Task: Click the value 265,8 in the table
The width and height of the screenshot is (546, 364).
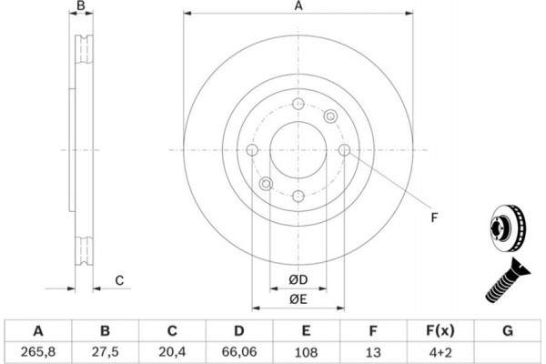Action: (38, 352)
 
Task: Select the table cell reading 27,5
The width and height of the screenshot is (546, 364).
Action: (106, 352)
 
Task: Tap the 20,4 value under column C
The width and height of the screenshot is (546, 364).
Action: (172, 352)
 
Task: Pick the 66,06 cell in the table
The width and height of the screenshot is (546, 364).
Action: (239, 352)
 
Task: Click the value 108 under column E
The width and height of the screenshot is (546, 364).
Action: (306, 352)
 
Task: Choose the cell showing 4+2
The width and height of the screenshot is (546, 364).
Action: (440, 352)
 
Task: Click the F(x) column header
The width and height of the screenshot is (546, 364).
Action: (440, 330)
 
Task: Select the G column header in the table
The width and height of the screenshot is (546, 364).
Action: (508, 330)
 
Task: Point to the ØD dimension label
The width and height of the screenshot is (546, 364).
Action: (298, 279)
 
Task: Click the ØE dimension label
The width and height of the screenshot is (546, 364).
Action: (298, 299)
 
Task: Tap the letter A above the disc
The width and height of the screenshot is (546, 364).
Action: (298, 6)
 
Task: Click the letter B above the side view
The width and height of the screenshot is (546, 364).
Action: (81, 5)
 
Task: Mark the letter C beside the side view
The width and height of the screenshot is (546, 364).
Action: (119, 280)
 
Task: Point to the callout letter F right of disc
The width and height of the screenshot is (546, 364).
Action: (434, 217)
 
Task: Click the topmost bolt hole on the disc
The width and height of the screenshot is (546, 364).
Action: (298, 104)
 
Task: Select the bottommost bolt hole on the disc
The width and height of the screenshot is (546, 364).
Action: (298, 197)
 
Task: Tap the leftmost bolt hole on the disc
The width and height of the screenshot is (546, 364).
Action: (252, 150)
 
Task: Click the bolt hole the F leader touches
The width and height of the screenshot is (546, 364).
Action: (344, 150)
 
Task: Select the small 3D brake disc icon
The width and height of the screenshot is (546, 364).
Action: (508, 228)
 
